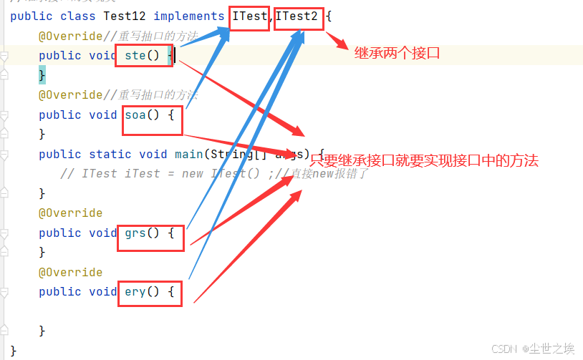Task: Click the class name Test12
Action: point(125,16)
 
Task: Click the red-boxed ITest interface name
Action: point(249,16)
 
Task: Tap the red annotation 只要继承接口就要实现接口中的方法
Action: point(424,161)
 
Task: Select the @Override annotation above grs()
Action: point(70,213)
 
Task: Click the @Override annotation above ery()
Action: point(70,272)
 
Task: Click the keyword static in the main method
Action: point(110,154)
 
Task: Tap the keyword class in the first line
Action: point(78,16)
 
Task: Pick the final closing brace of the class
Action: point(14,350)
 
